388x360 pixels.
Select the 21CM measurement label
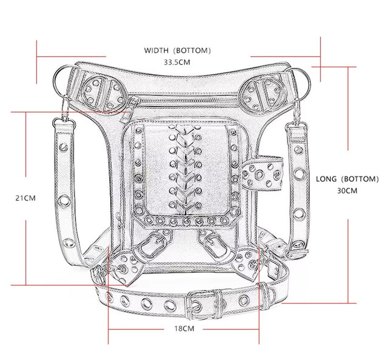coord(25,198)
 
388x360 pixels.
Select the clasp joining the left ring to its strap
coord(62,118)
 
